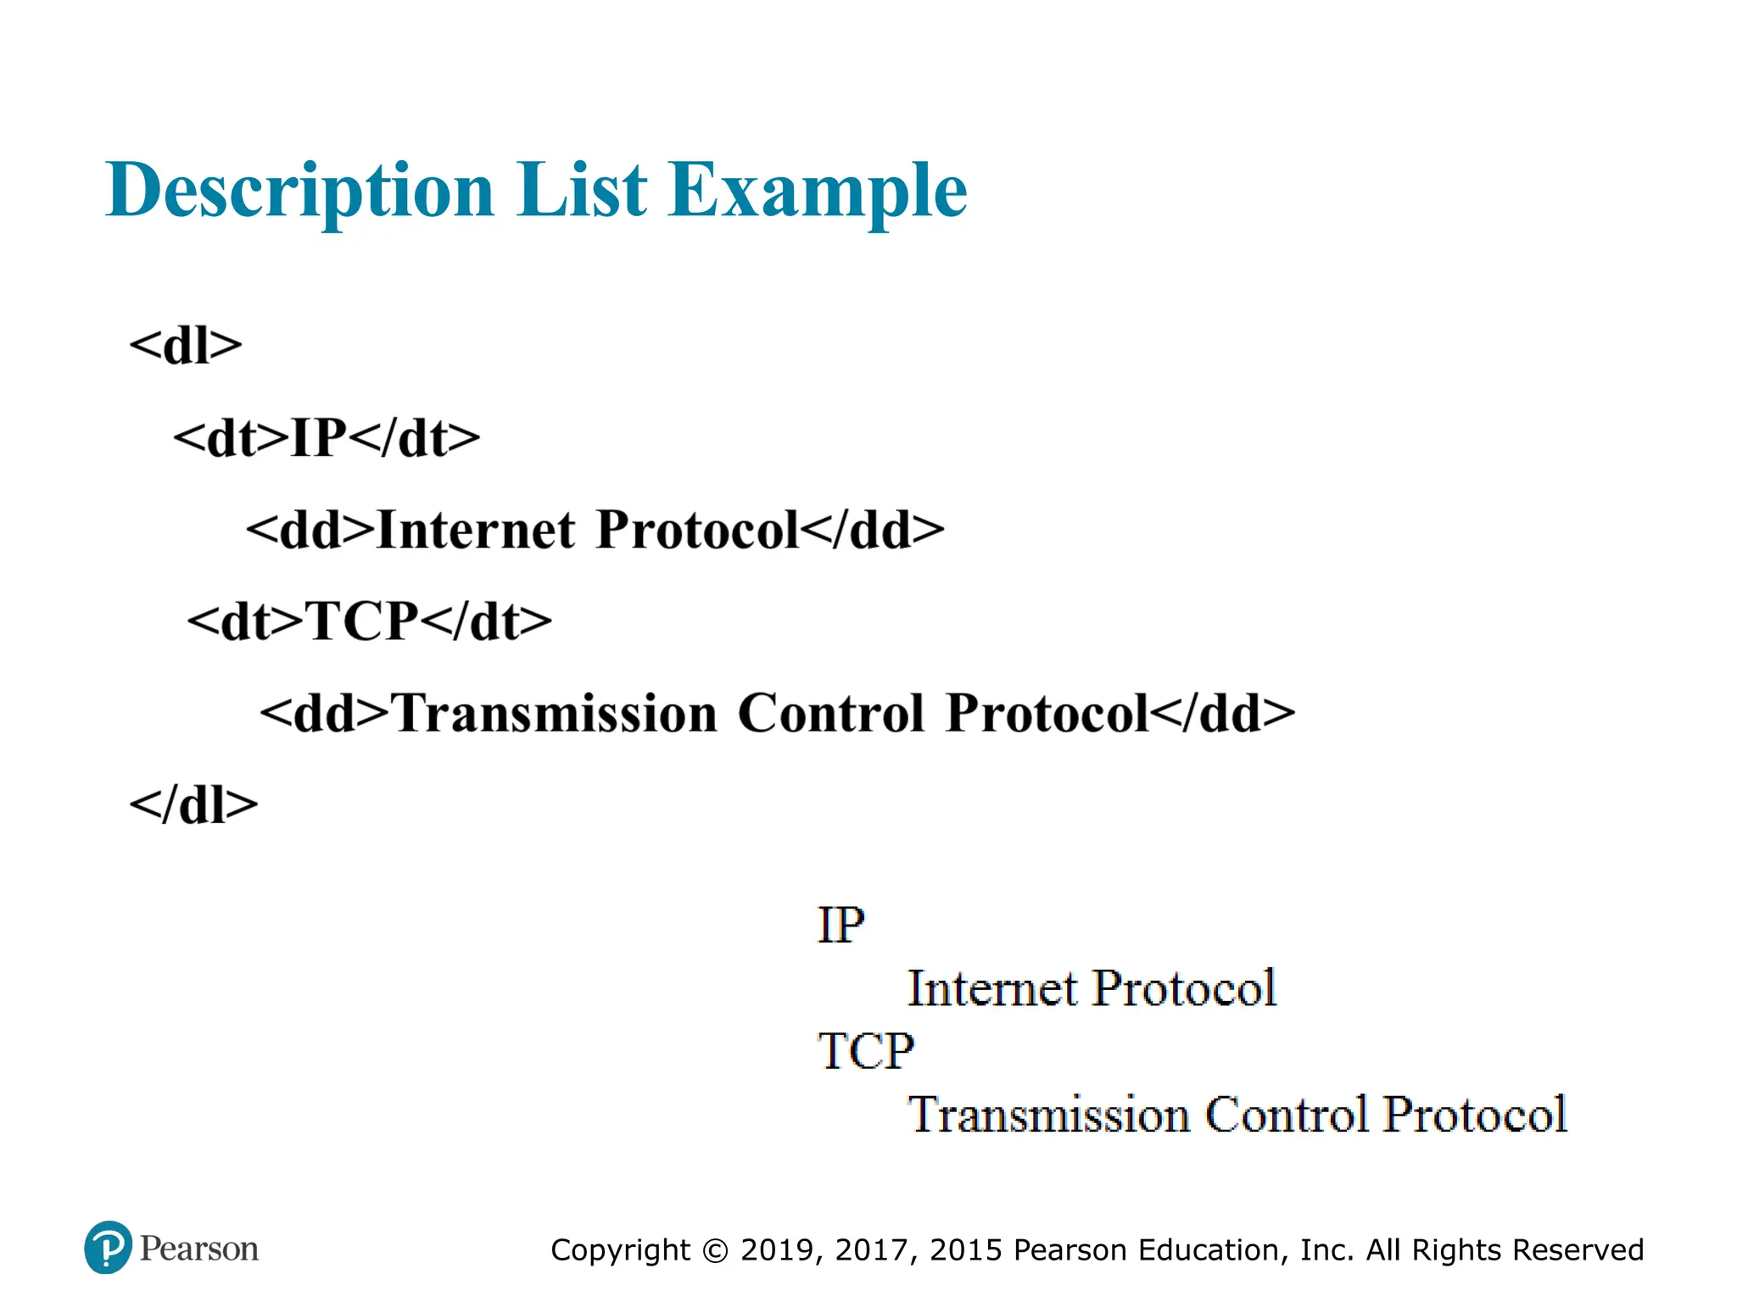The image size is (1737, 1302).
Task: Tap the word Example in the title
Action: pos(817,192)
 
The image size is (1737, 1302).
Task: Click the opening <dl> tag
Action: pos(186,346)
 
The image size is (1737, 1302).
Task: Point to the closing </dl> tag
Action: pos(193,804)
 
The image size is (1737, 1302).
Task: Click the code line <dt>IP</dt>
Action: pos(327,438)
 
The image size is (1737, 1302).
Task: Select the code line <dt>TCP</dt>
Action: pos(370,621)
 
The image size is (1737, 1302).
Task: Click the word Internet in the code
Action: pos(476,530)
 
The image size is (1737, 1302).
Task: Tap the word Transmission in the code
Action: pos(555,713)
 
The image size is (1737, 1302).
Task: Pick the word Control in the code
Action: pos(830,713)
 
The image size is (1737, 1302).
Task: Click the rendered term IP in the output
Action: pos(841,925)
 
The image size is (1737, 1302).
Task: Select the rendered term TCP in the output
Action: pos(866,1051)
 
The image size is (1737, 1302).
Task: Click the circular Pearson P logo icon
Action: pos(108,1248)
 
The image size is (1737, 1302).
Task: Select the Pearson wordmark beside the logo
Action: pos(199,1249)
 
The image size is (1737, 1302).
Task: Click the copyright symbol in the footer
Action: pos(716,1251)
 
